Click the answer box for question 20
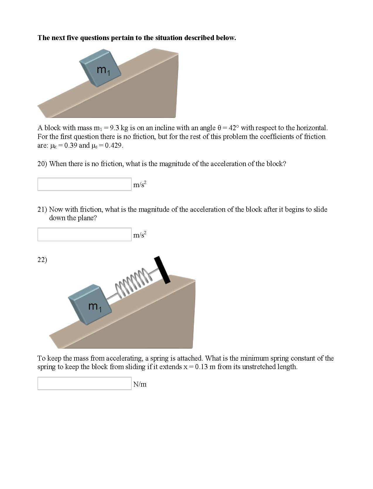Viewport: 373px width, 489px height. [84, 184]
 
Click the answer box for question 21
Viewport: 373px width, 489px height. [84, 235]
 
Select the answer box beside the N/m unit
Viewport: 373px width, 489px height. [84, 383]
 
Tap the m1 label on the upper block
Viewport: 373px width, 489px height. [103, 70]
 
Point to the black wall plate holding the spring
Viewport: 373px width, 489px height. [162, 270]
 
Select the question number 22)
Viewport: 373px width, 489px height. [42, 260]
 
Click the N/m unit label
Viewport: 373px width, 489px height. [140, 384]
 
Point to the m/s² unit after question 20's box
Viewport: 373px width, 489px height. [140, 185]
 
